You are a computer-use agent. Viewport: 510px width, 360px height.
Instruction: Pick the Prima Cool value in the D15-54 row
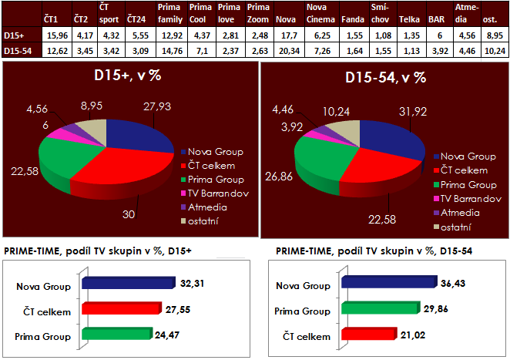tap(200, 50)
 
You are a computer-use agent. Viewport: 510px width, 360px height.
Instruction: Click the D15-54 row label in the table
tap(15, 50)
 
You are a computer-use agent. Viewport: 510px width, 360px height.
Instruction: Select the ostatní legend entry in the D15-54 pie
tap(454, 226)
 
